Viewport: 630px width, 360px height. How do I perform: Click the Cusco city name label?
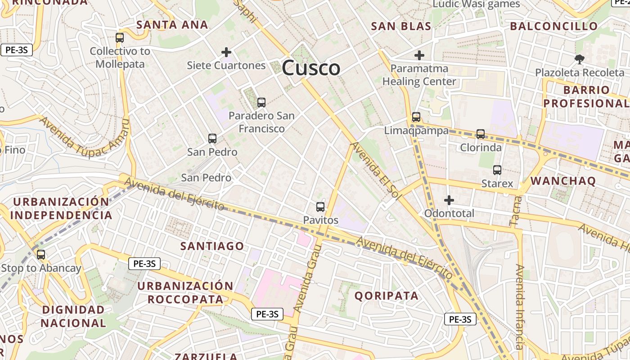[311, 68]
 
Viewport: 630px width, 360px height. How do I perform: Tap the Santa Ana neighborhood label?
[172, 25]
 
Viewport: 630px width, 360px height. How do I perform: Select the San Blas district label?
[401, 26]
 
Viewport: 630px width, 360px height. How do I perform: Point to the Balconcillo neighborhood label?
[553, 26]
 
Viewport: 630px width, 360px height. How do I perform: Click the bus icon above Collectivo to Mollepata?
[119, 38]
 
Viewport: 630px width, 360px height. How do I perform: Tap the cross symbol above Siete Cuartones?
[226, 52]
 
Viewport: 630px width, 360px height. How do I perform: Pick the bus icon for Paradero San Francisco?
[261, 103]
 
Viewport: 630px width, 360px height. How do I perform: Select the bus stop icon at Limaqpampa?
[416, 117]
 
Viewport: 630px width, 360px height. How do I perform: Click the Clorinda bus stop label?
[481, 148]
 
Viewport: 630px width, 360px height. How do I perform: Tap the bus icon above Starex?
[497, 170]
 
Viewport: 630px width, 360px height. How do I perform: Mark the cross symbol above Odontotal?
[449, 200]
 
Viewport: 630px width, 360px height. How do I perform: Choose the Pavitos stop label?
[320, 220]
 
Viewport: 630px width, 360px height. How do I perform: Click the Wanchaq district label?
[563, 181]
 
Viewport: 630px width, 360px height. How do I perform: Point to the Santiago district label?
[212, 246]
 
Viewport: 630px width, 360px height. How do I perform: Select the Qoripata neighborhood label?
[387, 296]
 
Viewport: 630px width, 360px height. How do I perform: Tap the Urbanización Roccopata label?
[185, 292]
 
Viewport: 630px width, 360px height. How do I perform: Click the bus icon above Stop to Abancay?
[41, 255]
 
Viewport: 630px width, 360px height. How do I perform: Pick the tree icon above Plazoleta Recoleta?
[579, 59]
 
